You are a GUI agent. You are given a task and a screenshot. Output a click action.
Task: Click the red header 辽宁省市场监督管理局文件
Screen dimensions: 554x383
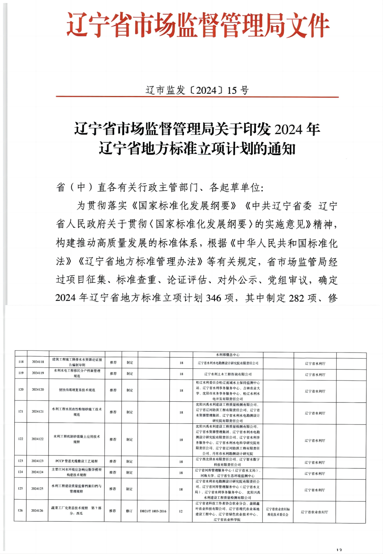click(198, 25)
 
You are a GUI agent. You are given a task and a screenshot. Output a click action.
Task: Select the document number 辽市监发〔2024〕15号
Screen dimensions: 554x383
click(197, 90)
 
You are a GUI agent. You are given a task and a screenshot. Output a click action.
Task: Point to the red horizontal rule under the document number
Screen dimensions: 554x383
click(197, 97)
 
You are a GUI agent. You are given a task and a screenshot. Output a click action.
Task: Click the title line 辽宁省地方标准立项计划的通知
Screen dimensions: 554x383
click(197, 149)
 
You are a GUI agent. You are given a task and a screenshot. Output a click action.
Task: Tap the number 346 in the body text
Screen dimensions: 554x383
click(213, 298)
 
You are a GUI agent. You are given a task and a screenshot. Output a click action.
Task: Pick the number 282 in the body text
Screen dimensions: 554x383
click(296, 298)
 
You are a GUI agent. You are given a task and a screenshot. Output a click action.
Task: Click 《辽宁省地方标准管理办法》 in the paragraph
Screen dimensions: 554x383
click(140, 262)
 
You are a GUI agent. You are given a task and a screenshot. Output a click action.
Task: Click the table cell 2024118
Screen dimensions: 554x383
click(38, 362)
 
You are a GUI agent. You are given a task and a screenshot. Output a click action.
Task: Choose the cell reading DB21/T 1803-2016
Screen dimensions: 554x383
click(153, 511)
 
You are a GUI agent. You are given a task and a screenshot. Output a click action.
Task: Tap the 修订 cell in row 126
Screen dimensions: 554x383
click(129, 511)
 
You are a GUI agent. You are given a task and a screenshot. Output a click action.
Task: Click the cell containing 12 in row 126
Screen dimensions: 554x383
click(181, 511)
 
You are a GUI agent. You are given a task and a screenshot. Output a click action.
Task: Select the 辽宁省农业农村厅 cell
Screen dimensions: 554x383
click(314, 512)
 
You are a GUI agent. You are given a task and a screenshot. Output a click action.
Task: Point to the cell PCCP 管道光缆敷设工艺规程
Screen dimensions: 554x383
click(76, 461)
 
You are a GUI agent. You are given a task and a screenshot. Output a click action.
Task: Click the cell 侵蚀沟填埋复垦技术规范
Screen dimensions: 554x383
click(77, 390)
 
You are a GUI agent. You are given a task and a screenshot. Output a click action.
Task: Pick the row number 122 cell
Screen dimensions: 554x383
click(21, 439)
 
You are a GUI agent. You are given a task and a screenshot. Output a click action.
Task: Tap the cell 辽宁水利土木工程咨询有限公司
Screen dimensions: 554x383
click(228, 374)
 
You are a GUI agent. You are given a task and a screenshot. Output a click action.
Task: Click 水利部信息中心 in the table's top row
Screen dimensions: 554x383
click(228, 355)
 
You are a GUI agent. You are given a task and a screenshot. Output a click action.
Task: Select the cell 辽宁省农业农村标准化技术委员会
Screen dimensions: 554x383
click(278, 512)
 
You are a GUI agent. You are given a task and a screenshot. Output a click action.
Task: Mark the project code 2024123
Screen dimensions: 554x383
click(37, 461)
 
